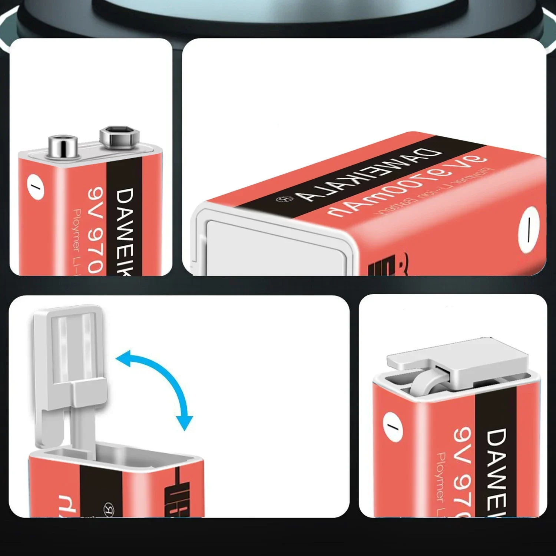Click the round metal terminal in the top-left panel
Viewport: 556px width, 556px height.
click(63, 145)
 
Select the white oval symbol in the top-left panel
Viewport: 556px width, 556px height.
click(36, 186)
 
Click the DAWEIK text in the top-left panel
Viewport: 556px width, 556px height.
click(125, 232)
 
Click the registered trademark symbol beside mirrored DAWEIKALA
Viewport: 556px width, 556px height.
click(285, 199)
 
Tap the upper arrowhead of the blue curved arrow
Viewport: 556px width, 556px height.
click(124, 358)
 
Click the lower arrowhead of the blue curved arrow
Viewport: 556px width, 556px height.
click(184, 423)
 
